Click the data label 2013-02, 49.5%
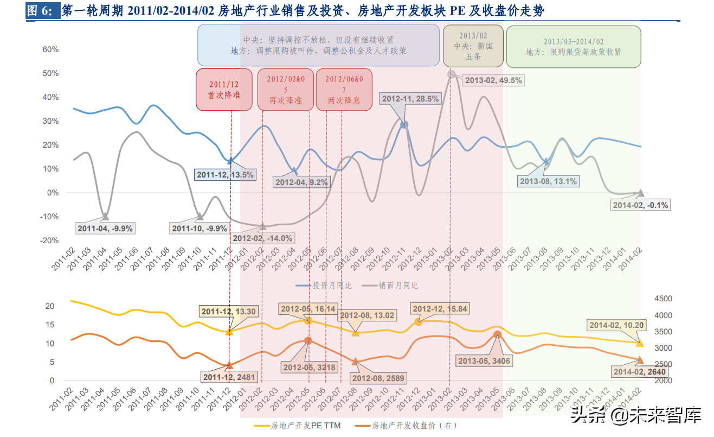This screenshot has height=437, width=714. click(x=494, y=80)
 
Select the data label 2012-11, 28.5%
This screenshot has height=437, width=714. click(x=410, y=99)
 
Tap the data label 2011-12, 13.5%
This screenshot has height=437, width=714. click(x=225, y=175)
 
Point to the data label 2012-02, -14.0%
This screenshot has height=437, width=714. click(x=262, y=238)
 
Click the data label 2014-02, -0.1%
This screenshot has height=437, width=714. click(x=640, y=205)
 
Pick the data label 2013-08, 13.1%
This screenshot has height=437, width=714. click(x=548, y=181)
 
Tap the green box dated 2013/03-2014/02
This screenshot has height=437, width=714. click(x=573, y=47)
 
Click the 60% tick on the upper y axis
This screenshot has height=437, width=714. click(x=50, y=49)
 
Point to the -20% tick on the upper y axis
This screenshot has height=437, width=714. click(x=50, y=240)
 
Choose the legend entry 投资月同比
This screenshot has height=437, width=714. click(x=324, y=286)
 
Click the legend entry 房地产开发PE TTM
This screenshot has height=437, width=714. click(x=298, y=426)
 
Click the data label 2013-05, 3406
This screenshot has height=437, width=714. click(x=484, y=360)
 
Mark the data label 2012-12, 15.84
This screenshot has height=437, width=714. click(x=440, y=309)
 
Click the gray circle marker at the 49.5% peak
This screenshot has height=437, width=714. click(x=451, y=74)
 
